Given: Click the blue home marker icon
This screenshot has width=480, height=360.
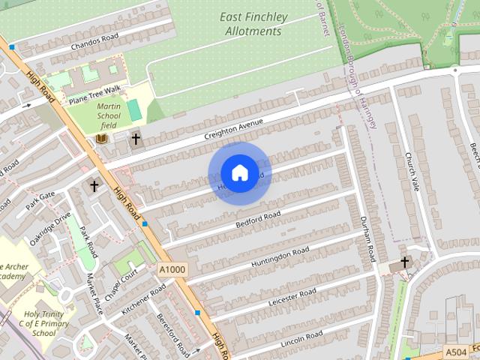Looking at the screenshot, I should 239,173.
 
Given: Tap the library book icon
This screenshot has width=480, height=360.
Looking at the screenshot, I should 103,138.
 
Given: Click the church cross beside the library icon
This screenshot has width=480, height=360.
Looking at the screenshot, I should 136,138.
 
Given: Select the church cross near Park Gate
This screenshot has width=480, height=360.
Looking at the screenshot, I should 94,184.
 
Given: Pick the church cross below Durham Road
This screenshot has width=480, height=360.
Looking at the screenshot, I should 405,262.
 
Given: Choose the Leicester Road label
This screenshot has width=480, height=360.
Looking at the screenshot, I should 292,297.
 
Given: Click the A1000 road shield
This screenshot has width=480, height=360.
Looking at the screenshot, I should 172,269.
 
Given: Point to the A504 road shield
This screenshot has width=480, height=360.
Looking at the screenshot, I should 455,352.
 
